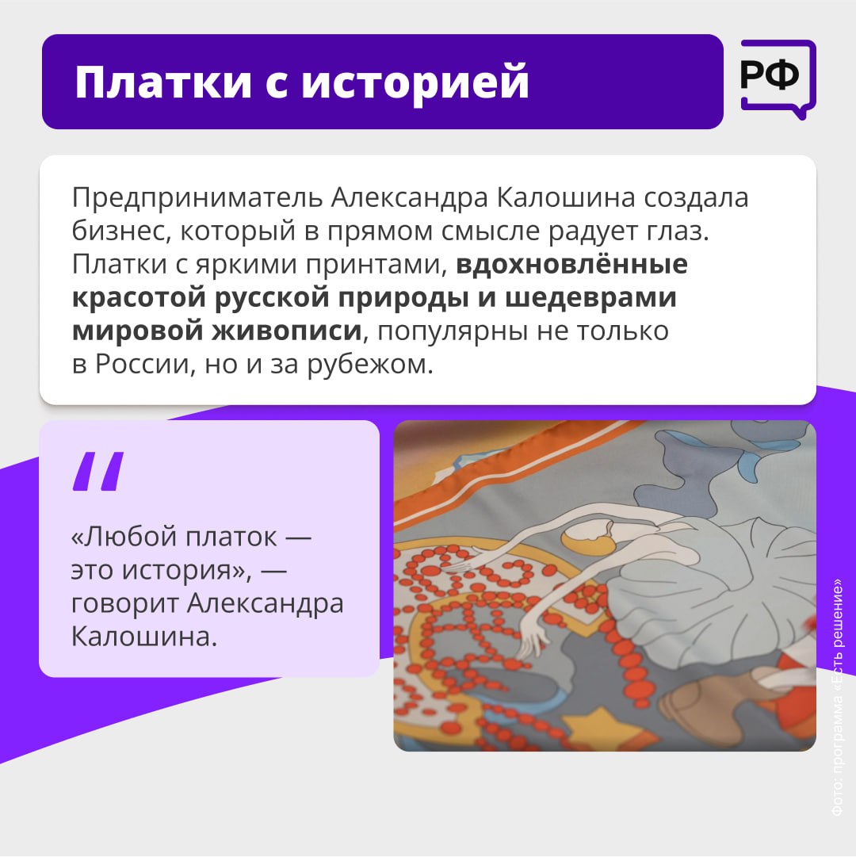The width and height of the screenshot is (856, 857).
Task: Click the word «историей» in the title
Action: tap(415, 82)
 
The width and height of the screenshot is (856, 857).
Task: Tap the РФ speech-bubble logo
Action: tap(778, 79)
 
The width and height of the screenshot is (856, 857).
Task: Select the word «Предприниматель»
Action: tap(197, 198)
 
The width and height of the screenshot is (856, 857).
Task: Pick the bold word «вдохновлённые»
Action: tap(572, 264)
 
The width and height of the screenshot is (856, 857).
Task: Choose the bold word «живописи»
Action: tap(287, 331)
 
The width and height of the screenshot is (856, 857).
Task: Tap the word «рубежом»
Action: tap(369, 365)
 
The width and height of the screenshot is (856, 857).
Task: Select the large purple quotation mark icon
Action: tap(98, 471)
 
